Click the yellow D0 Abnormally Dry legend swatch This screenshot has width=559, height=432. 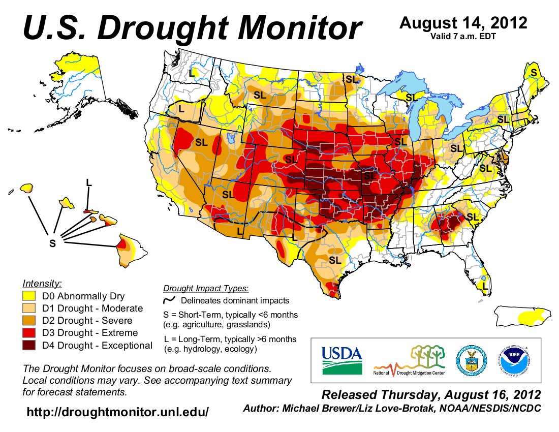29,296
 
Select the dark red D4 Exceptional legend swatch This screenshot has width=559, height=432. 29,346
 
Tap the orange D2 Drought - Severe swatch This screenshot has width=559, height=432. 29,321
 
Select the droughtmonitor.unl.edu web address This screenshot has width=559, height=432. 117,412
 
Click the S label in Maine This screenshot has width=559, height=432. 533,73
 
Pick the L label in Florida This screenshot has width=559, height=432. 485,288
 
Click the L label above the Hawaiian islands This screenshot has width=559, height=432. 89,182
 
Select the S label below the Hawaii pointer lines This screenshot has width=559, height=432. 52,243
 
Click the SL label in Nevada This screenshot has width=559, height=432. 201,143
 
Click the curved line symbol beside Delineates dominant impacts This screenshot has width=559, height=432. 169,301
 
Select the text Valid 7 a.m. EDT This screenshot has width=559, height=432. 463,36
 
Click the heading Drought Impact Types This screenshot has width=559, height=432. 206,289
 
